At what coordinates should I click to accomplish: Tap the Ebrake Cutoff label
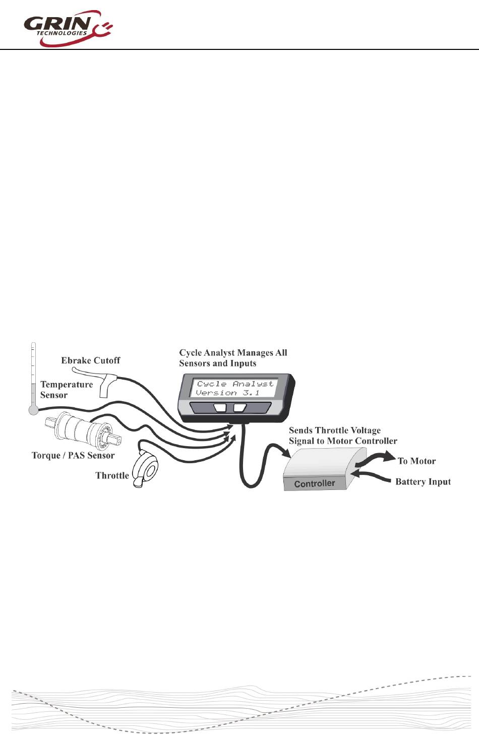(x=91, y=360)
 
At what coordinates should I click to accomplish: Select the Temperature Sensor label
(x=67, y=390)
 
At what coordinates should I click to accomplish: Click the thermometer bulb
(x=34, y=410)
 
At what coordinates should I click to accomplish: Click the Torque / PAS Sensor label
(x=73, y=456)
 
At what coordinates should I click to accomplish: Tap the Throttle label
(x=112, y=475)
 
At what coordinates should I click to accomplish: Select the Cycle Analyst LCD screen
(x=234, y=388)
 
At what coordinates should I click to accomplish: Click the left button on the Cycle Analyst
(x=220, y=407)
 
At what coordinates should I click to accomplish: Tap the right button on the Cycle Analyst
(x=239, y=407)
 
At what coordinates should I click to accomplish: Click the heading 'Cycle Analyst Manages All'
(x=233, y=353)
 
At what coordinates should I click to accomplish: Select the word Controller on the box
(x=314, y=484)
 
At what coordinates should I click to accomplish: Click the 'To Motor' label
(x=416, y=461)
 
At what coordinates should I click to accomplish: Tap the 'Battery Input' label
(x=423, y=482)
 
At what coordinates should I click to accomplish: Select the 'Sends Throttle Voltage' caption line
(x=335, y=430)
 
